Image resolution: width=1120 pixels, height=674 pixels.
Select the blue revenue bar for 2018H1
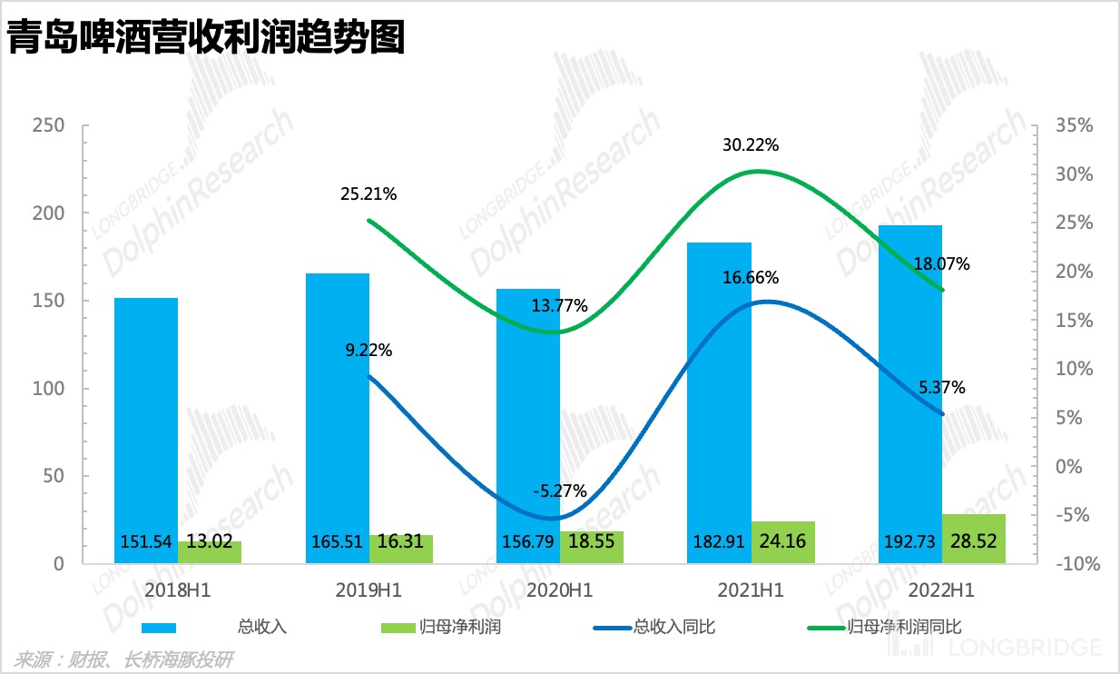tap(146, 418)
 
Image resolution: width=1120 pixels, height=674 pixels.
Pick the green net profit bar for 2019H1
tap(400, 548)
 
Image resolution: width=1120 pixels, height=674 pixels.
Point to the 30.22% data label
tap(751, 145)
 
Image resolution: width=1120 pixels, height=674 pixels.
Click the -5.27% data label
tap(559, 491)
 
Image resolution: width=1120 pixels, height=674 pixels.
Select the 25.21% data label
tap(368, 193)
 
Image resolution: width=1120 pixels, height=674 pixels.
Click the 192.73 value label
tap(909, 542)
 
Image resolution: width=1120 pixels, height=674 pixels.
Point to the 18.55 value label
tap(591, 542)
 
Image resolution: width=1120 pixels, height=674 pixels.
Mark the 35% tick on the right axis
tap(1076, 125)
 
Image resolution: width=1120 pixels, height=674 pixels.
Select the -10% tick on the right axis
tap(1076, 564)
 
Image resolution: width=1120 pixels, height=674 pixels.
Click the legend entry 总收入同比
tap(673, 627)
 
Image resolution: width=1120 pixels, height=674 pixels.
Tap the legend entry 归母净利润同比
tap(902, 627)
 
